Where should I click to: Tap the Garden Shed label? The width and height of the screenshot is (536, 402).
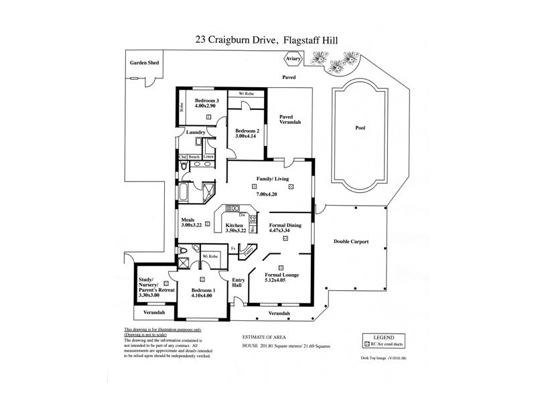point(144,63)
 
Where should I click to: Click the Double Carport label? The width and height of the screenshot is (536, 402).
point(352,241)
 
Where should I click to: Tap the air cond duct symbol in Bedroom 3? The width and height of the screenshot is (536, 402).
point(209,116)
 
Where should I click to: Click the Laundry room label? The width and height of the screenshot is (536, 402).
point(196,132)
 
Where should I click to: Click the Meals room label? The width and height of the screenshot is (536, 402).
point(188,220)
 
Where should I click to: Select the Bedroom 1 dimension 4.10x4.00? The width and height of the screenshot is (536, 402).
point(202,295)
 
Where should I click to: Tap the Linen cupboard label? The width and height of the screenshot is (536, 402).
point(209,157)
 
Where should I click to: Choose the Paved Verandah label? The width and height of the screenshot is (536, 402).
point(289,119)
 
